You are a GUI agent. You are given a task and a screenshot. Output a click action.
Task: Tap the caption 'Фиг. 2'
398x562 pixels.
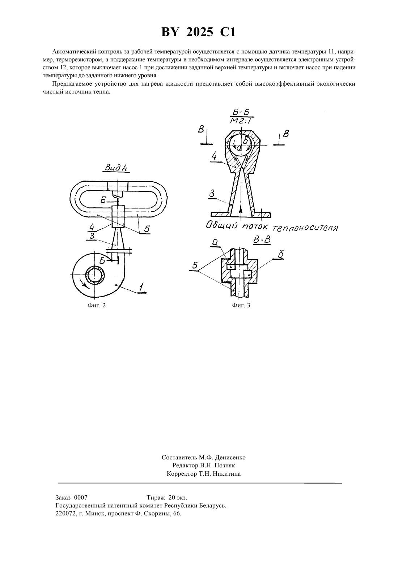97,305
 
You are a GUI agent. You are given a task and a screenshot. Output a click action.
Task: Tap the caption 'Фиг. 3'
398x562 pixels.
241,305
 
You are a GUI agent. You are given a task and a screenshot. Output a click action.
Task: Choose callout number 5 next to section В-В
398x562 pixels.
195,265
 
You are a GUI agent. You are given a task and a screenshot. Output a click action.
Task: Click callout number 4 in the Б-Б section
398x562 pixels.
214,156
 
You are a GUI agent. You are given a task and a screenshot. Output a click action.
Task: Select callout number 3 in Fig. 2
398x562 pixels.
92,236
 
